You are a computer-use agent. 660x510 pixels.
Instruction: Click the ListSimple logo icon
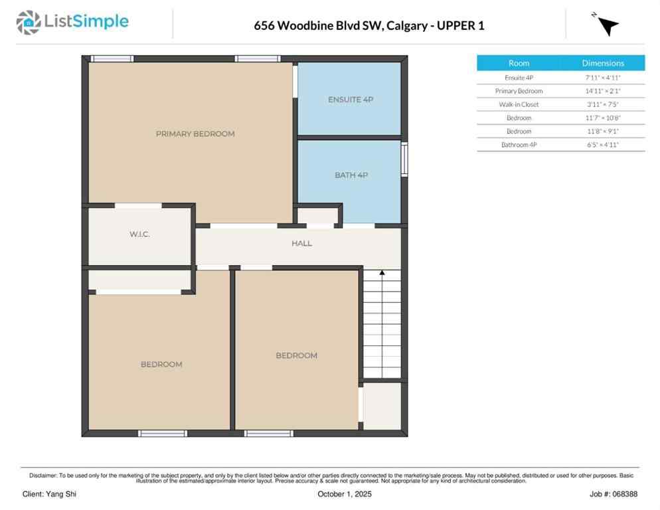(28, 22)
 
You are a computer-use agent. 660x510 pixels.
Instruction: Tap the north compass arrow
(606, 25)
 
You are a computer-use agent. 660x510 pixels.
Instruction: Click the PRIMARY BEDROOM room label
(195, 134)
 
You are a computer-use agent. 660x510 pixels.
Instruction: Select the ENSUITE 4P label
(350, 100)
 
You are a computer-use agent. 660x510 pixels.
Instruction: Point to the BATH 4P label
(351, 175)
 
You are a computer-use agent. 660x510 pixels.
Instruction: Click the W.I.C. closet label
(139, 234)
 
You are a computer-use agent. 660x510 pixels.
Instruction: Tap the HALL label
(301, 244)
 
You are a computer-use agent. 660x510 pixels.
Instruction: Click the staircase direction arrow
(382, 272)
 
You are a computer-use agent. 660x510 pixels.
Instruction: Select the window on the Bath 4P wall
(404, 160)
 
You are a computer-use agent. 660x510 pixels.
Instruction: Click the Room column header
(519, 63)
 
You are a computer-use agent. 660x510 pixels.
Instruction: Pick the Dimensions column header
(603, 63)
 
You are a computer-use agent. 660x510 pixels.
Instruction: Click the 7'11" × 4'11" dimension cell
(603, 78)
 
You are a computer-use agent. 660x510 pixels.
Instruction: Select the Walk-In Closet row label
(519, 104)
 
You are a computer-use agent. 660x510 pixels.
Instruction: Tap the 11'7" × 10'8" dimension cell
(603, 118)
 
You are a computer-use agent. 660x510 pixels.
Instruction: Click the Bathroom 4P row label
(519, 144)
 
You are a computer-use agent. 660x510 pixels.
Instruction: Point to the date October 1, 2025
(345, 494)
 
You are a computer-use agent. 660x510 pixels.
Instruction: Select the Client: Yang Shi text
(49, 494)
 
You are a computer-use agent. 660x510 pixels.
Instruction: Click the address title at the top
(369, 26)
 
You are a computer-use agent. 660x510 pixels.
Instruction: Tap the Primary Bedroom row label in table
(519, 91)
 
